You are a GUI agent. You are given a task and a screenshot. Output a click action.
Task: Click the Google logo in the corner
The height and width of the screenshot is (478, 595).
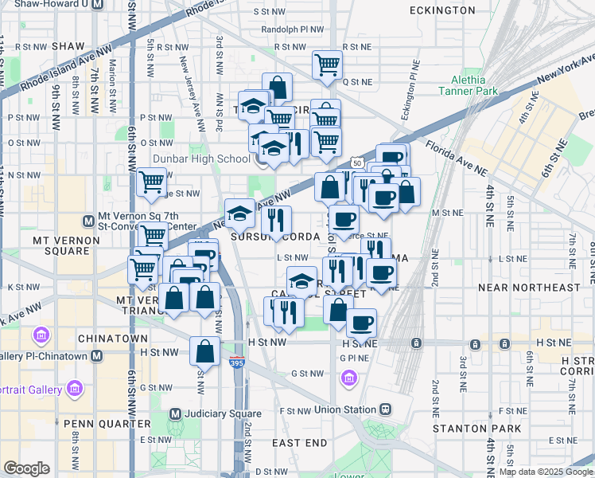26,468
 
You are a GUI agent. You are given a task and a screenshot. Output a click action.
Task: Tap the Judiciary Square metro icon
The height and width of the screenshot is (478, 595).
177,413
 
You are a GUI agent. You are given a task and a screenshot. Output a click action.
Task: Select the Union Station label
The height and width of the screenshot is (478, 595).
344,409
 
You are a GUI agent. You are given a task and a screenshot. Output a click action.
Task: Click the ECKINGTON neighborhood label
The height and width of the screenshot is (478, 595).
441,10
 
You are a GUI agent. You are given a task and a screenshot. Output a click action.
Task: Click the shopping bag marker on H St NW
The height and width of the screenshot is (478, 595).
204,350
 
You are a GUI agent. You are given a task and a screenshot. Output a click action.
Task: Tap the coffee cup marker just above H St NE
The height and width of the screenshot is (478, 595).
362,323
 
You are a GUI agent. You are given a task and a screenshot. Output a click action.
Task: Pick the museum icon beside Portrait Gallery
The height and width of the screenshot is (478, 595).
76,390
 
